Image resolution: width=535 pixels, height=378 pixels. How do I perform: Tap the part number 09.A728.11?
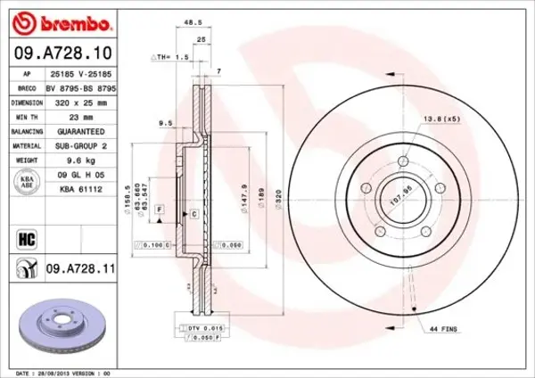[81, 267]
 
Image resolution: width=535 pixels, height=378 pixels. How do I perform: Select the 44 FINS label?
[443, 329]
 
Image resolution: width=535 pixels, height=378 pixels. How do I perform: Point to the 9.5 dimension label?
[164, 122]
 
